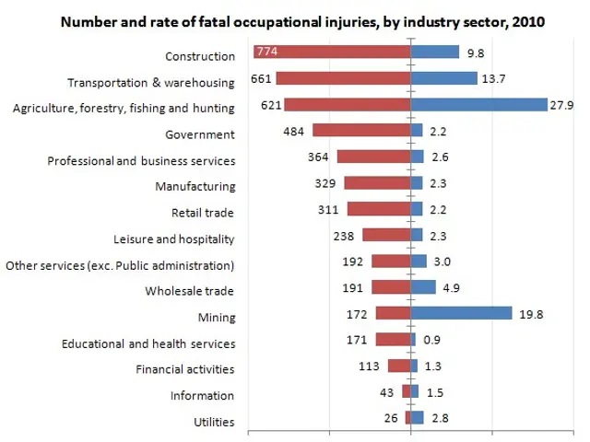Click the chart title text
pyautogui.click(x=302, y=21)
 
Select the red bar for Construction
pyautogui.click(x=332, y=52)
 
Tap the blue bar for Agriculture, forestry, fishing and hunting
pyautogui.click(x=478, y=105)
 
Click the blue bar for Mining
pyautogui.click(x=461, y=314)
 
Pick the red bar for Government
pyautogui.click(x=361, y=131)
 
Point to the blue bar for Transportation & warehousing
pyautogui.click(x=443, y=78)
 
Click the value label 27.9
pyautogui.click(x=563, y=106)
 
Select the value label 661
pyautogui.click(x=260, y=79)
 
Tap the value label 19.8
pyautogui.click(x=531, y=315)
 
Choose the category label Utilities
pyautogui.click(x=213, y=423)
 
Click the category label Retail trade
pyautogui.click(x=203, y=213)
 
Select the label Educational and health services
pyautogui.click(x=148, y=343)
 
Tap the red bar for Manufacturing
pyautogui.click(x=377, y=183)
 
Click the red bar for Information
pyautogui.click(x=406, y=392)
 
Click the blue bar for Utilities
pyautogui.click(x=417, y=418)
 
